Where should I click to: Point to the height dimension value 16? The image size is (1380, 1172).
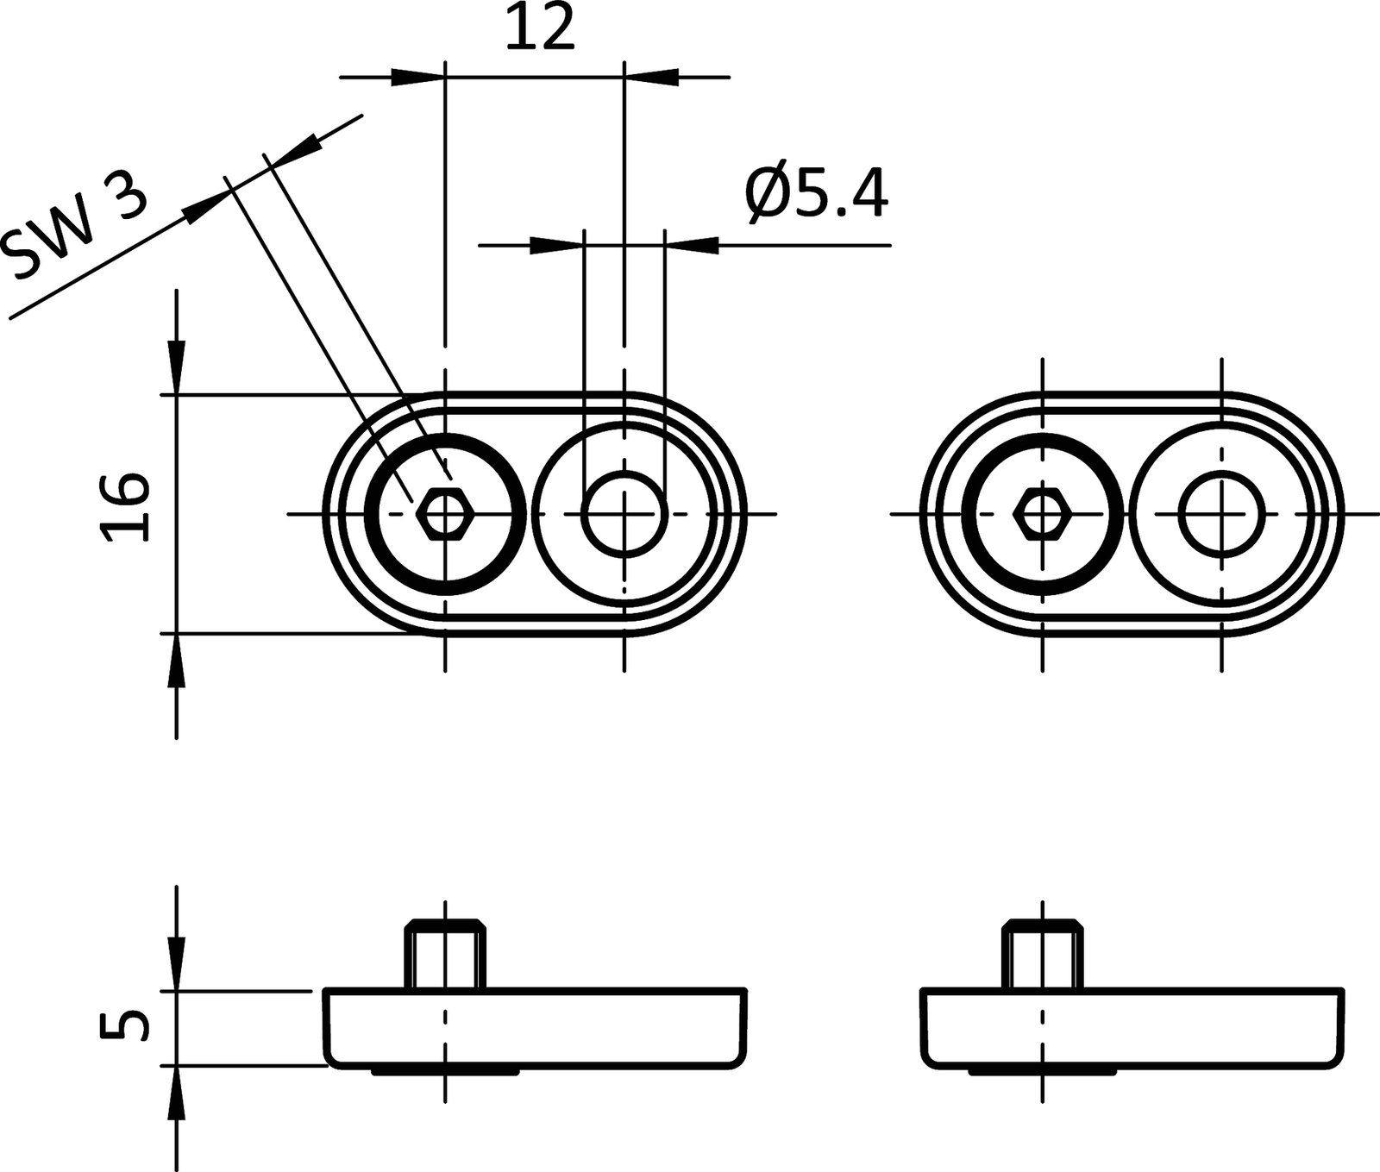(x=124, y=507)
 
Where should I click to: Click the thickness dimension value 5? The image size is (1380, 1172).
(x=124, y=1026)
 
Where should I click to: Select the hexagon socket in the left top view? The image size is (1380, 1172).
(x=444, y=514)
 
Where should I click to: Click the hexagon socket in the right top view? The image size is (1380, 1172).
(x=1043, y=514)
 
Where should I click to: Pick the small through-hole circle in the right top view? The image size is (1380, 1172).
(x=1221, y=514)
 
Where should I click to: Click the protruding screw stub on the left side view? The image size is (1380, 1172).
(x=444, y=956)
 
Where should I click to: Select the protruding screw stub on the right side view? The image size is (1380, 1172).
(x=1042, y=956)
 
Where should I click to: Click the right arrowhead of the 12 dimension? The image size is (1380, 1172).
(x=651, y=78)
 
